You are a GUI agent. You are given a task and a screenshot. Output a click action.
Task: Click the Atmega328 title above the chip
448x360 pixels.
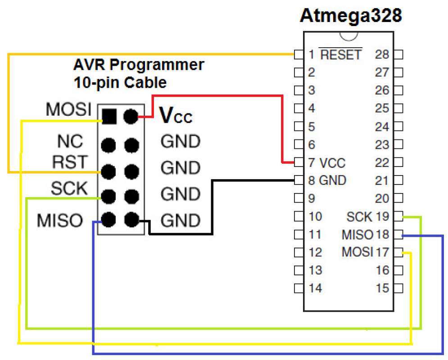tap(351, 17)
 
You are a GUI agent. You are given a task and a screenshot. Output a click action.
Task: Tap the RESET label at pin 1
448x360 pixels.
tap(340, 55)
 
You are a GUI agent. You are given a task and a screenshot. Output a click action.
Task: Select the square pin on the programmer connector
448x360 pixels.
tap(109, 117)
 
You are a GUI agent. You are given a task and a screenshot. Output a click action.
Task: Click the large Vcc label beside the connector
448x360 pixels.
tap(176, 116)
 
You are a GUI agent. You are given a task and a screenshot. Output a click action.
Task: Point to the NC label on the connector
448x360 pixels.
tap(70, 142)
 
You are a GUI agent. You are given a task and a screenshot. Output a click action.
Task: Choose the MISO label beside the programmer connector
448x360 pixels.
tap(60, 220)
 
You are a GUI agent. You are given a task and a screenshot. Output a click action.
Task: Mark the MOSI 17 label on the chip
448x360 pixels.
tap(365, 252)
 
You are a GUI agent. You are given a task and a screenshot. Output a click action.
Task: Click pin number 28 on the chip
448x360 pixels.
tap(382, 55)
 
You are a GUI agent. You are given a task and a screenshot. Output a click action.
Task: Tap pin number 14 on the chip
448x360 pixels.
tap(316, 288)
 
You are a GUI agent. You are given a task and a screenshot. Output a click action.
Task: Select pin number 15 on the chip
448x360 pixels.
tap(382, 288)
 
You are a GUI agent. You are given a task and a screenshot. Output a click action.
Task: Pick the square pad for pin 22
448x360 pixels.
tap(398, 162)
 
